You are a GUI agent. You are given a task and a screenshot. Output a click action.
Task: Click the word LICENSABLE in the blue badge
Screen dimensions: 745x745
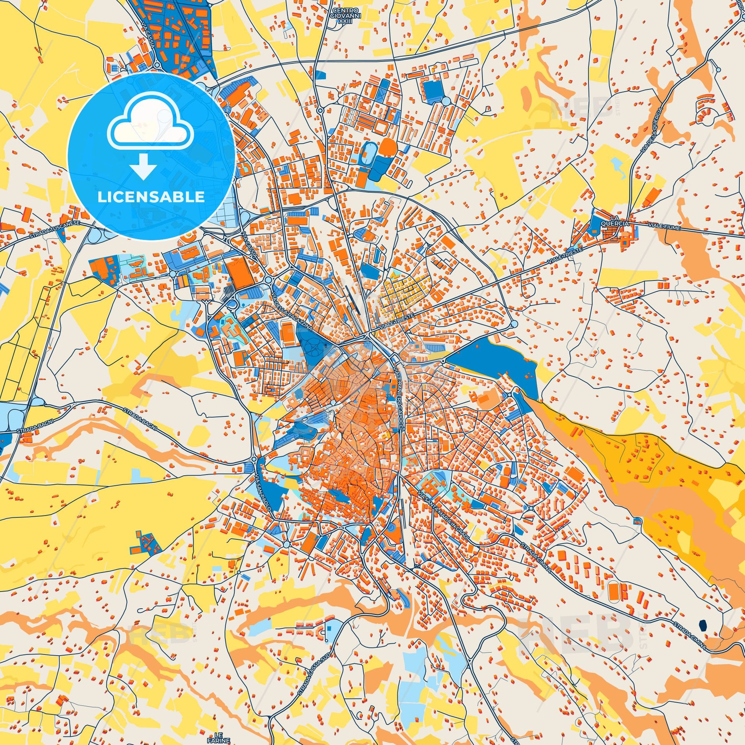(x=151, y=197)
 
